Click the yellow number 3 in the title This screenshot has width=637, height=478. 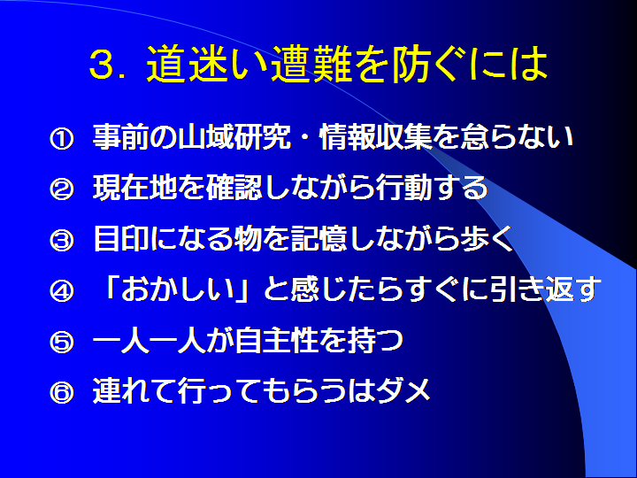(100, 65)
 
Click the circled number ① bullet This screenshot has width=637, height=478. (62, 140)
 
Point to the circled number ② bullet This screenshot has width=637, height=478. (62, 189)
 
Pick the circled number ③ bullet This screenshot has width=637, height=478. (62, 240)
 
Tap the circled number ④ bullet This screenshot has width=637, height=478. (62, 290)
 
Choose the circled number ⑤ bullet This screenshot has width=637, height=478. (62, 342)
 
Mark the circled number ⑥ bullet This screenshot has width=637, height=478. (62, 392)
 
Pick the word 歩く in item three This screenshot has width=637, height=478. (487, 239)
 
